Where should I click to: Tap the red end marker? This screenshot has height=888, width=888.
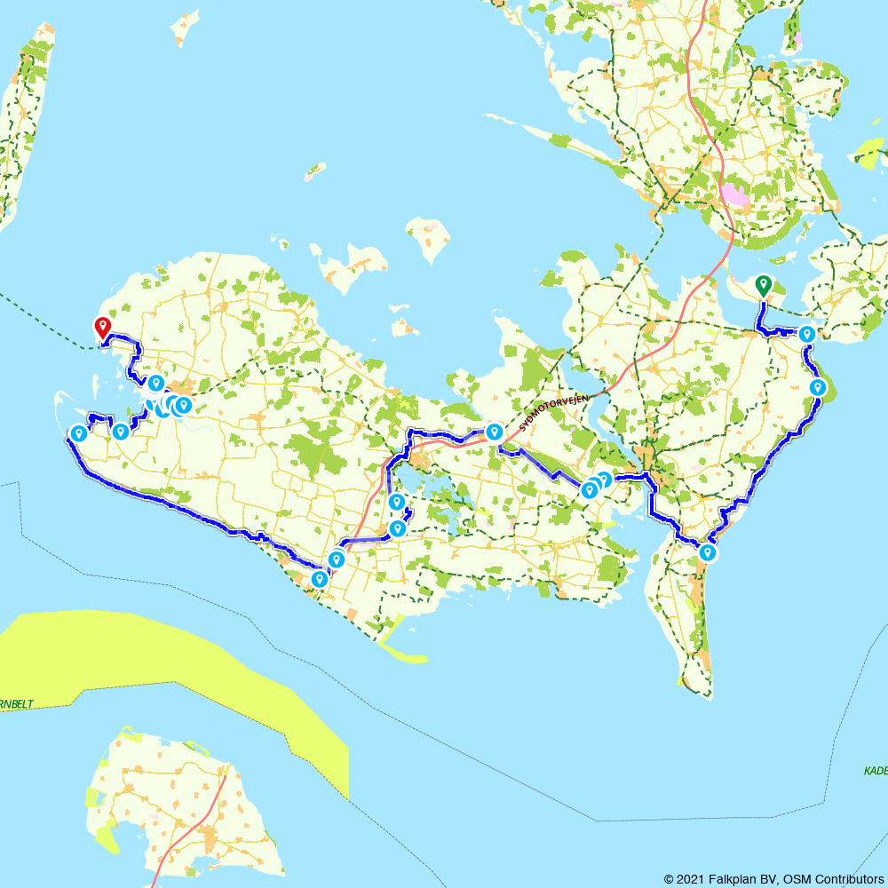pyautogui.click(x=103, y=327)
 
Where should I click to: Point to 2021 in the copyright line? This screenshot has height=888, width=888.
pyautogui.click(x=691, y=879)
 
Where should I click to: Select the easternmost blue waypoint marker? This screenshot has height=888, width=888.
pyautogui.click(x=818, y=387)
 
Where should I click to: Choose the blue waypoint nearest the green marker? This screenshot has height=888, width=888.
pyautogui.click(x=806, y=334)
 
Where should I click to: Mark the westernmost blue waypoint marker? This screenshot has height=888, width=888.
pyautogui.click(x=78, y=433)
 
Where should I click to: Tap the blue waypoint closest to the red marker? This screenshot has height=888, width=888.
pyautogui.click(x=155, y=383)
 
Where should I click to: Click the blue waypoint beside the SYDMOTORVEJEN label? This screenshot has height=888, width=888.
pyautogui.click(x=494, y=432)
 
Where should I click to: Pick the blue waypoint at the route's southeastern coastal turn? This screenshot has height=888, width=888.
pyautogui.click(x=707, y=552)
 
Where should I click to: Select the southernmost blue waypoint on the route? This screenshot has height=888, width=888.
pyautogui.click(x=318, y=579)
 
